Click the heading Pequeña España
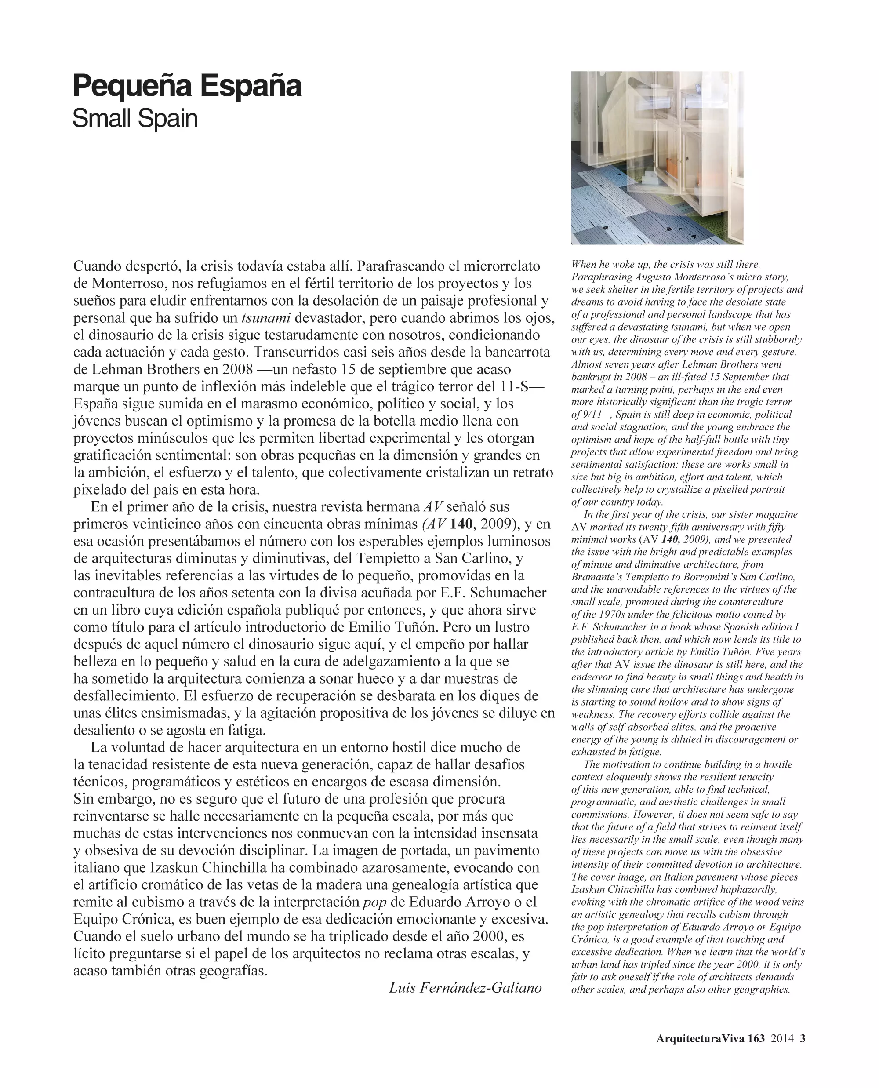pos(187,86)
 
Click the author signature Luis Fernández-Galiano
pos(465,987)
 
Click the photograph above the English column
pos(657,157)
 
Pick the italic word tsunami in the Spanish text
pos(266,318)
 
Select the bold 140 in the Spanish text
pos(461,523)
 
